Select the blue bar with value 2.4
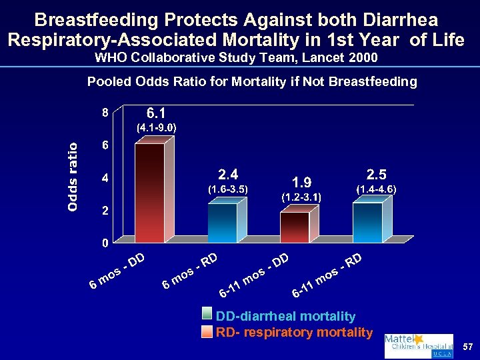pyautogui.click(x=222, y=223)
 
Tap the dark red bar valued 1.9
pyautogui.click(x=294, y=227)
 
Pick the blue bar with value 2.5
pyautogui.click(x=367, y=222)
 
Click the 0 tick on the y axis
pyautogui.click(x=105, y=243)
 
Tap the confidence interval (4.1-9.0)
pyautogui.click(x=156, y=126)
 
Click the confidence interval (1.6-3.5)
pyautogui.click(x=228, y=189)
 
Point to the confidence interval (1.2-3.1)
pyautogui.click(x=301, y=197)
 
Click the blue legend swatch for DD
pyautogui.click(x=209, y=317)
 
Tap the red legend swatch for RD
pyautogui.click(x=209, y=331)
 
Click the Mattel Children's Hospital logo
pyautogui.click(x=418, y=346)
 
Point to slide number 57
pyautogui.click(x=467, y=347)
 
